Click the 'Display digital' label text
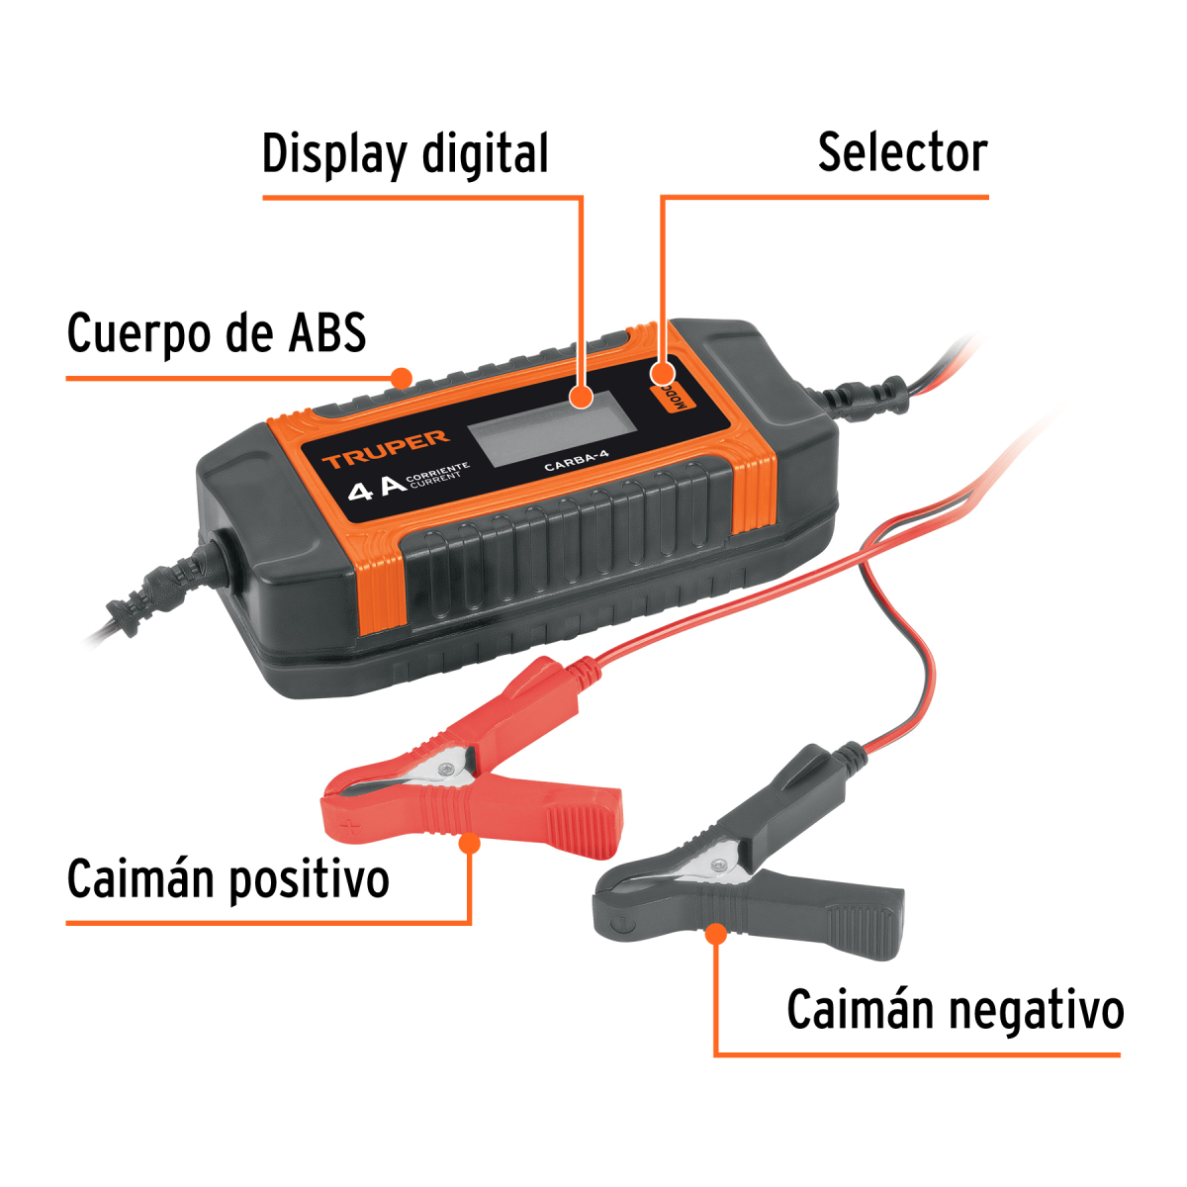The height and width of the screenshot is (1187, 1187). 405,155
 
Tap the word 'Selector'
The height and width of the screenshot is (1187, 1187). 902,153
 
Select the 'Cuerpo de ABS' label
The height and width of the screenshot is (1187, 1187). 216,333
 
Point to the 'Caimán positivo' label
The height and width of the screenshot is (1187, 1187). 228,879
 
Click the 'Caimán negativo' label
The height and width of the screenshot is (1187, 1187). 955,1011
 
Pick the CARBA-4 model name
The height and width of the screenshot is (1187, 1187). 577,461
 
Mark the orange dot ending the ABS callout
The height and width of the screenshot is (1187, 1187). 402,377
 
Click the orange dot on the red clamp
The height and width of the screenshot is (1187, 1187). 470,844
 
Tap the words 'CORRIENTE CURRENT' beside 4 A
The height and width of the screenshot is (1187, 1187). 437,472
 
